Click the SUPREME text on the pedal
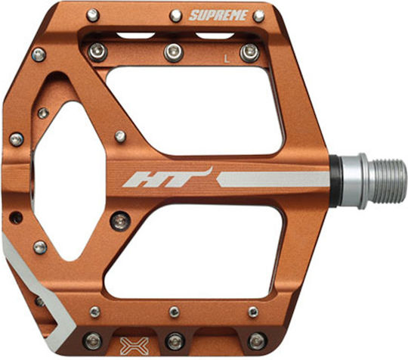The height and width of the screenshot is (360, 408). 218,15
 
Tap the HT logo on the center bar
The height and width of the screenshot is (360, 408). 166,178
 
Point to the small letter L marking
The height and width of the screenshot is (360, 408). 227,59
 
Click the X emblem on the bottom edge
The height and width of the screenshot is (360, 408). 134,346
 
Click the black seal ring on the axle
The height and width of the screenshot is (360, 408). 335,182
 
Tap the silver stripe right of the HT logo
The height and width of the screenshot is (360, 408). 274,179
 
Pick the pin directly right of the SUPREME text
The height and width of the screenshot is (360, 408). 258,16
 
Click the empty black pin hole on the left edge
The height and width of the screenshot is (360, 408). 16,217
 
